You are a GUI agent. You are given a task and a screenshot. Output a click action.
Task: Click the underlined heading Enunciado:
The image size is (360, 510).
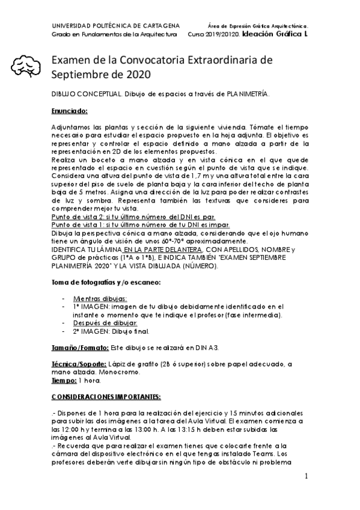(70, 111)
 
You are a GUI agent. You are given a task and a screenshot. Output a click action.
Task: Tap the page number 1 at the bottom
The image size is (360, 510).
(306, 476)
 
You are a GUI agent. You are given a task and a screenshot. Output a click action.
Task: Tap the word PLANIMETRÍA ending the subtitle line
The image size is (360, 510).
(247, 94)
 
